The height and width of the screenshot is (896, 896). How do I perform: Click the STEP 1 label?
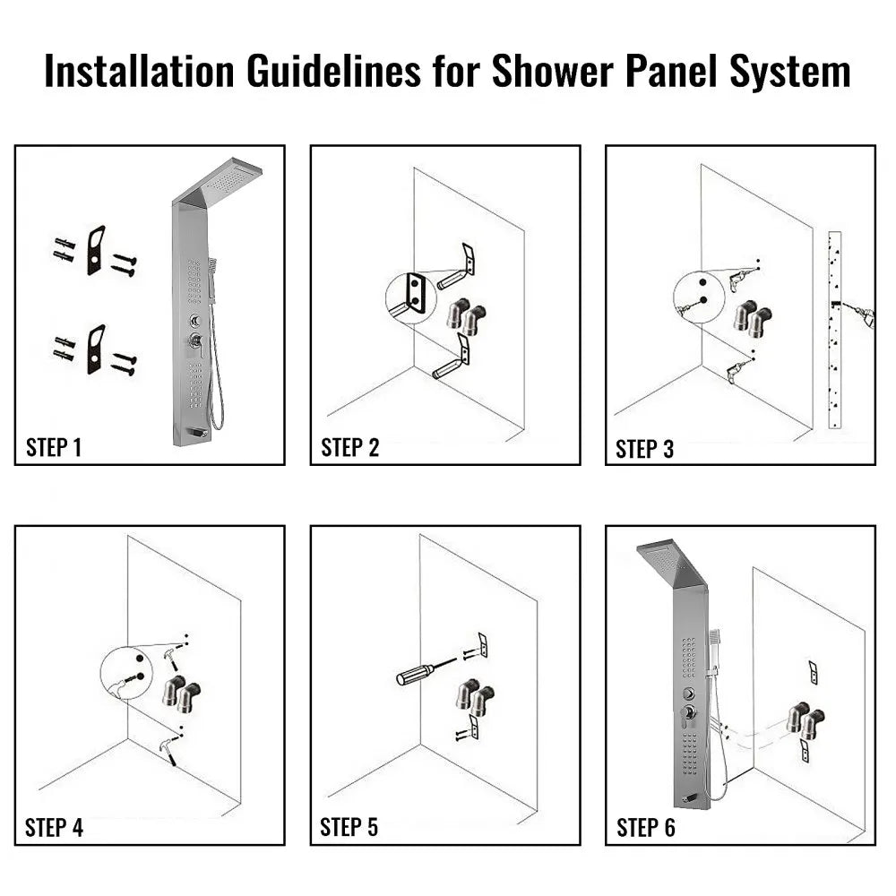point(54,448)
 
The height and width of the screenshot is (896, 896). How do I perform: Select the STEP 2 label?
point(349,448)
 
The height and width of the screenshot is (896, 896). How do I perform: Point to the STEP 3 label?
point(644,449)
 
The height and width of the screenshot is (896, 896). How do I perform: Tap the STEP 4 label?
point(54,828)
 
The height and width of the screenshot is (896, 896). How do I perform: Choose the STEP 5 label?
point(349,828)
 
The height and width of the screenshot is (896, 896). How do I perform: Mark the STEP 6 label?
point(645,828)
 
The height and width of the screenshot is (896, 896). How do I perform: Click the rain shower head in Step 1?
point(229,184)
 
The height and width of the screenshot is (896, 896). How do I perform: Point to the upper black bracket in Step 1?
point(96,250)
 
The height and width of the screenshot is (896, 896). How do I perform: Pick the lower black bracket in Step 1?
point(96,349)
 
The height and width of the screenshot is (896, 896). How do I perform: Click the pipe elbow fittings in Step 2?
point(465,317)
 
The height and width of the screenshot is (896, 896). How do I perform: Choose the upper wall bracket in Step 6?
point(813,671)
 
